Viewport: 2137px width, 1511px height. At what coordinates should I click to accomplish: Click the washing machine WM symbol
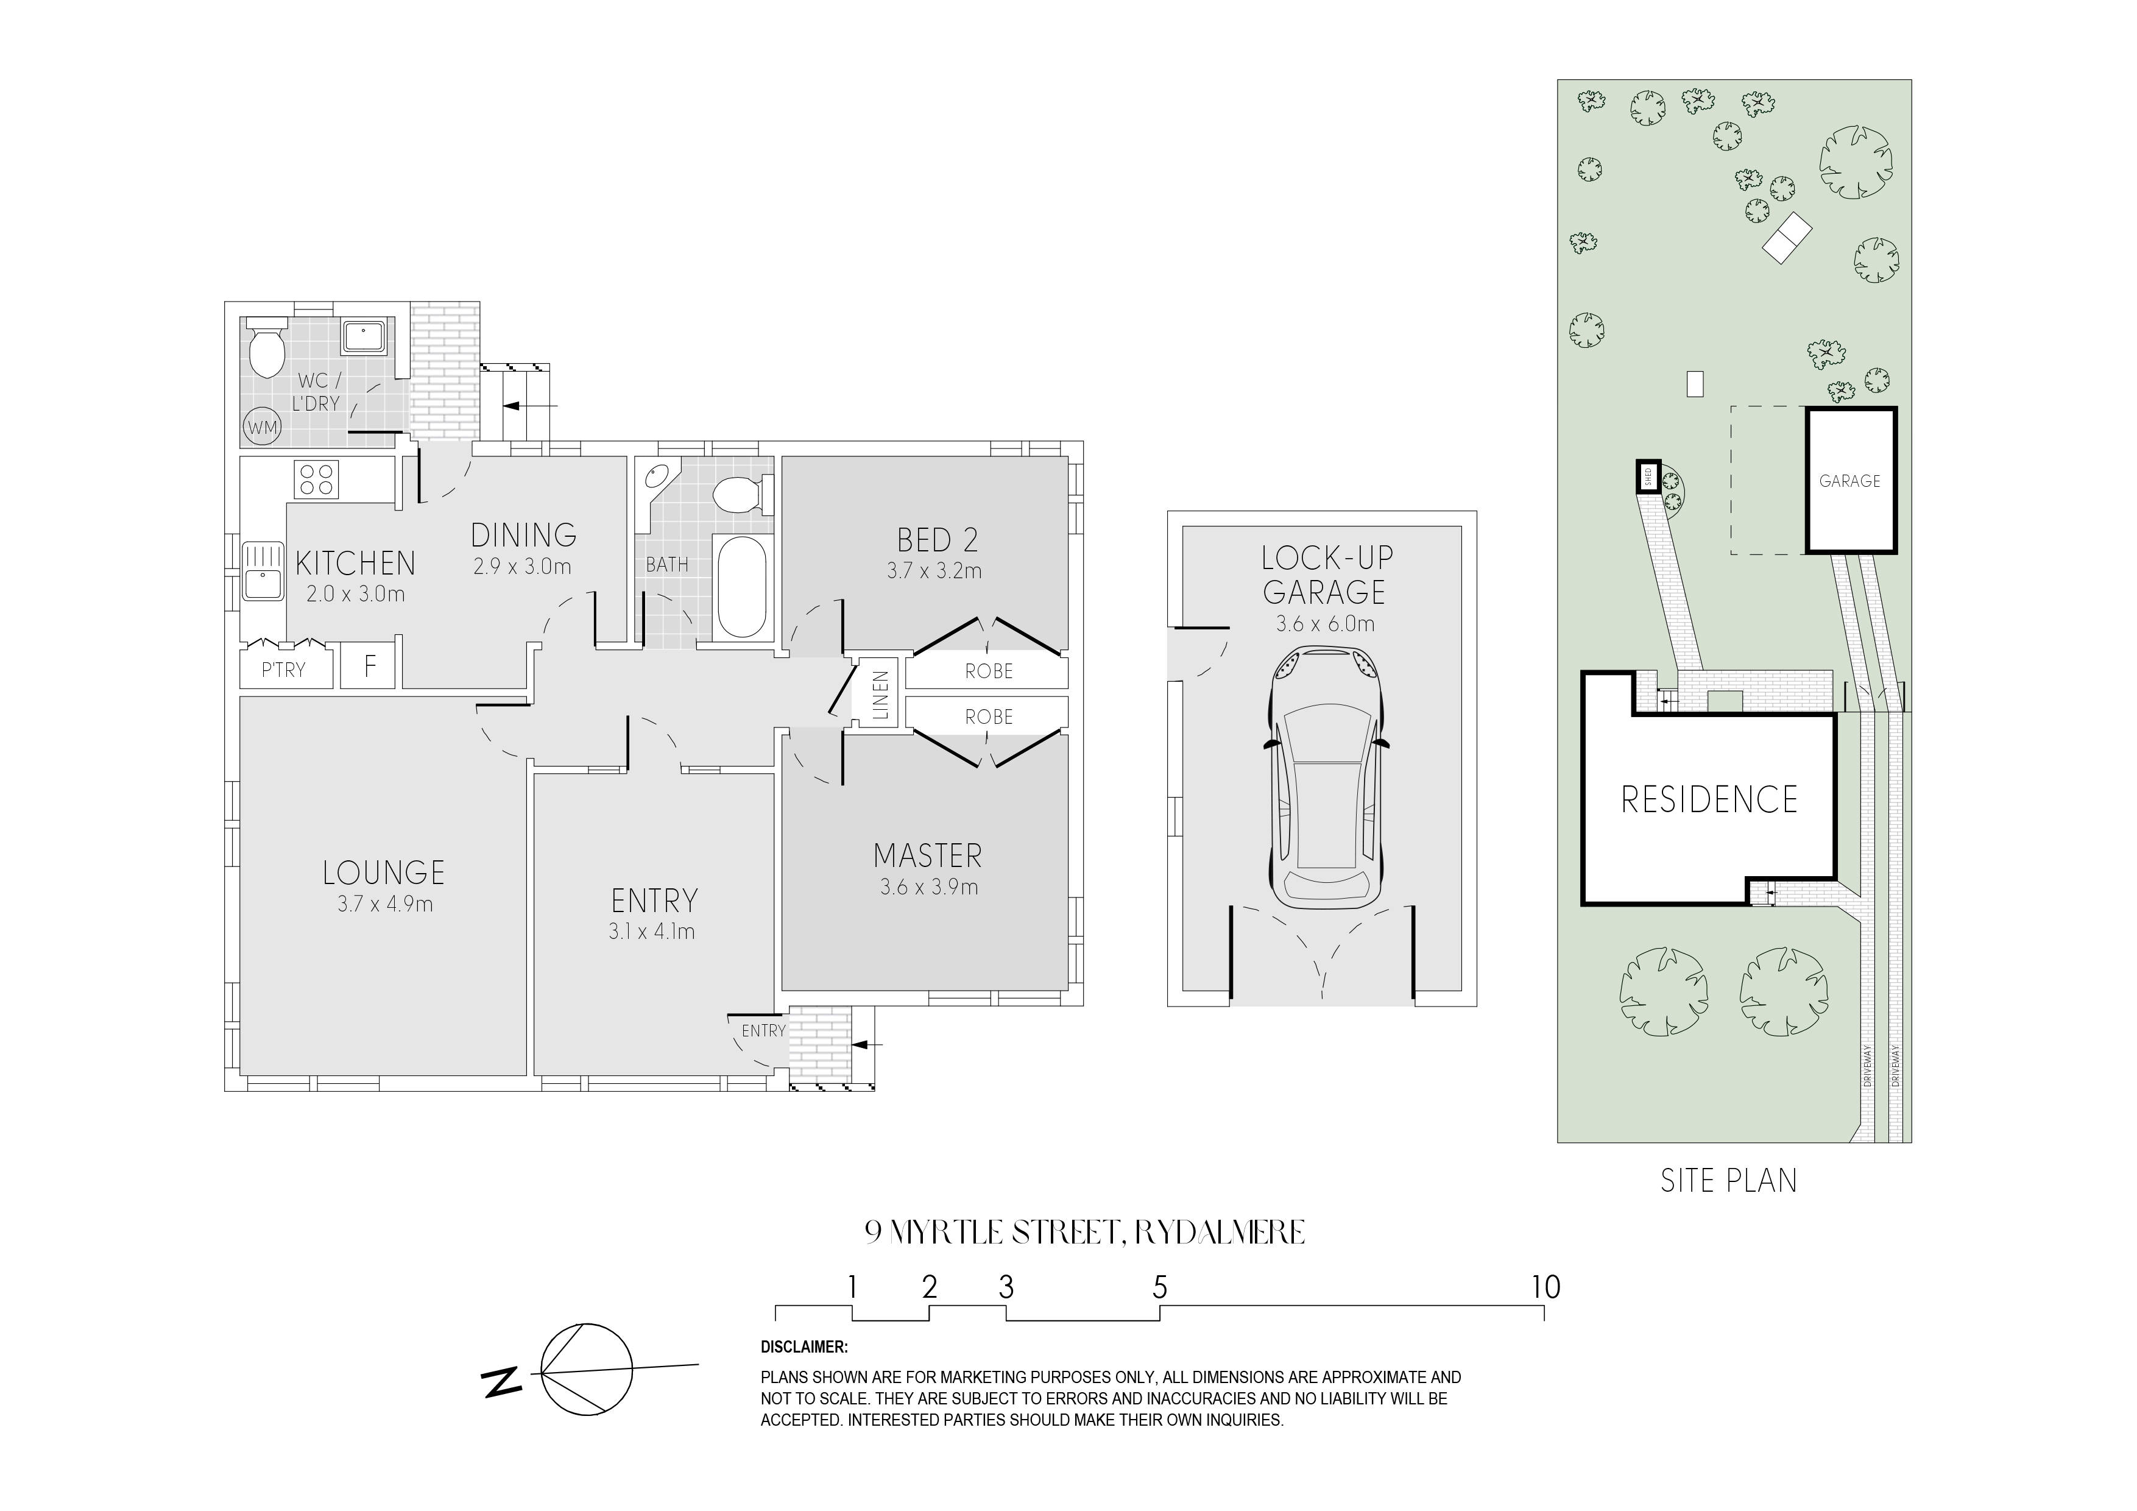click(263, 427)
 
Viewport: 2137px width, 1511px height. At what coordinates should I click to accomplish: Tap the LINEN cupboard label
click(880, 695)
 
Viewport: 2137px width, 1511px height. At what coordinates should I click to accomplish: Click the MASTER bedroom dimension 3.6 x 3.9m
click(929, 887)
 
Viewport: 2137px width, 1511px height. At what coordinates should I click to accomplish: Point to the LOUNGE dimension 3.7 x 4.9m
click(384, 903)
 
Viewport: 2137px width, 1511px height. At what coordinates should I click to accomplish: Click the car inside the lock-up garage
click(1324, 778)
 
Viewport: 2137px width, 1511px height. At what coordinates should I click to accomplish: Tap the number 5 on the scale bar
click(1160, 1287)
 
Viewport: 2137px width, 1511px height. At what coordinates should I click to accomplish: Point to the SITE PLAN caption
click(1728, 1181)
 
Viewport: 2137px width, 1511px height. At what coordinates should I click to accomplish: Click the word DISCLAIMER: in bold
click(804, 1347)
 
